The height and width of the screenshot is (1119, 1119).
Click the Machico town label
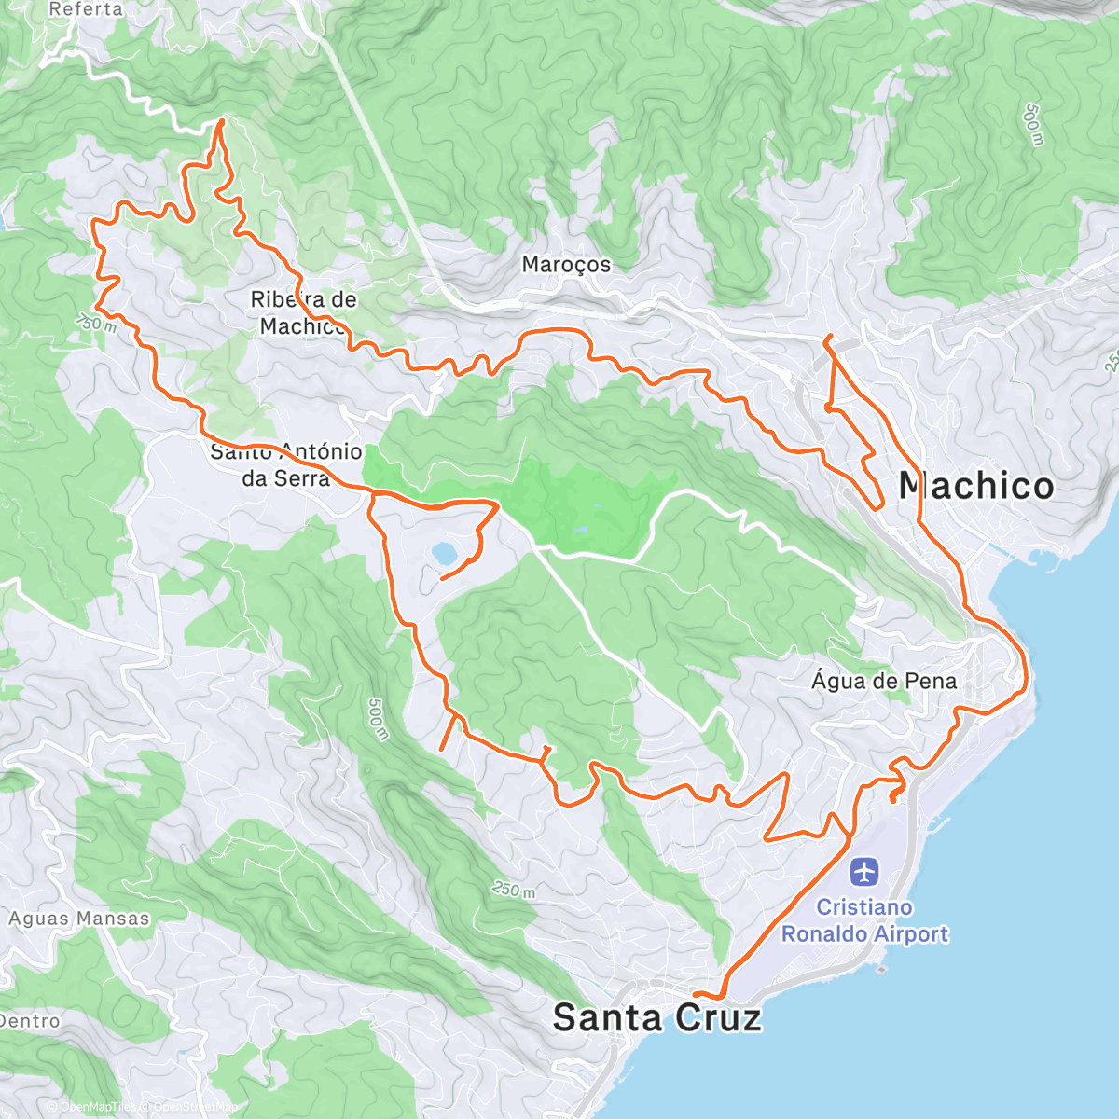coord(975,486)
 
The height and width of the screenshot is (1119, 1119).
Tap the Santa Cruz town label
coord(656,1017)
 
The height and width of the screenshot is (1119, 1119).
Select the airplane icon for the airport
coord(864,874)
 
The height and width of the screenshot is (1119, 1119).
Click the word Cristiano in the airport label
coord(864,907)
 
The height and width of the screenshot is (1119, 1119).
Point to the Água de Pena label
coord(883,681)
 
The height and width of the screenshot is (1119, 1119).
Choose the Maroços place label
coord(566,265)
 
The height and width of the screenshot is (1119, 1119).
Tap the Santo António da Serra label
coord(286,464)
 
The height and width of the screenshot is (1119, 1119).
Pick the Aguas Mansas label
coord(79,919)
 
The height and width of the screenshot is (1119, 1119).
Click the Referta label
coord(86,9)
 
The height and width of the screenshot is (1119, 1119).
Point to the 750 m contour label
coord(96,321)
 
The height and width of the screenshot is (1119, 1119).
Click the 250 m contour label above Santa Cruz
coord(514,891)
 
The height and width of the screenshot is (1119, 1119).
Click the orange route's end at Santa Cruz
coord(695,995)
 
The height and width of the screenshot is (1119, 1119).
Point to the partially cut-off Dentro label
coord(30,1021)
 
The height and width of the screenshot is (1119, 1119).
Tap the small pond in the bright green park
coord(582,529)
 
